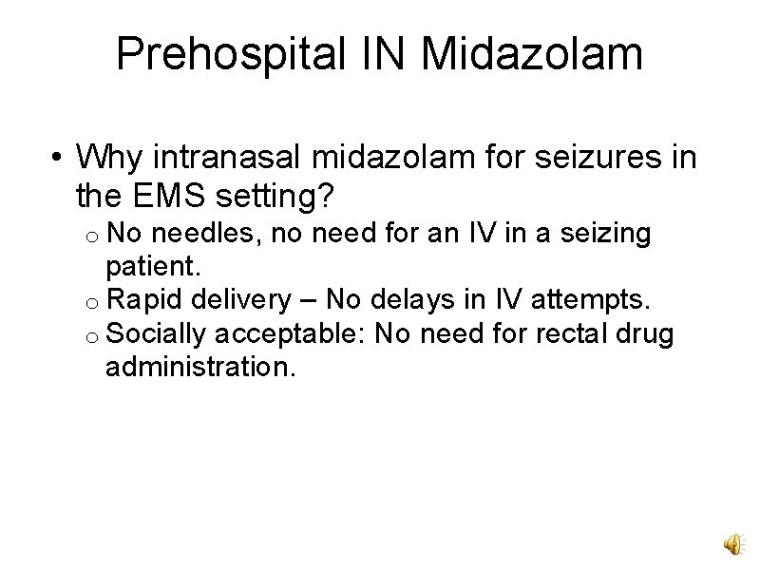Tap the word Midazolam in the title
click(x=532, y=54)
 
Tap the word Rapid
click(x=143, y=300)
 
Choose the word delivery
click(x=238, y=300)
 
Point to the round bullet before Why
click(x=58, y=156)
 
